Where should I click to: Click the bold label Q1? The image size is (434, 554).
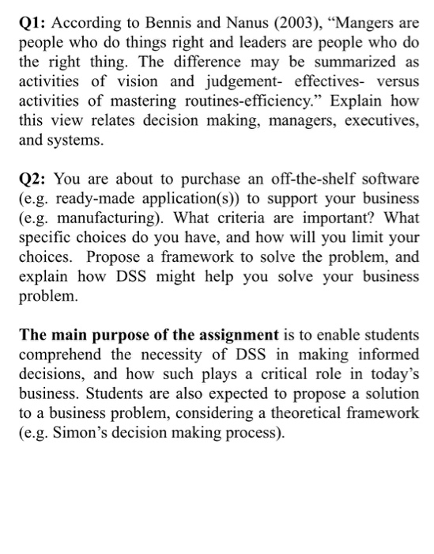tap(34, 22)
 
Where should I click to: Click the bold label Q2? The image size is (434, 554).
tap(34, 179)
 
